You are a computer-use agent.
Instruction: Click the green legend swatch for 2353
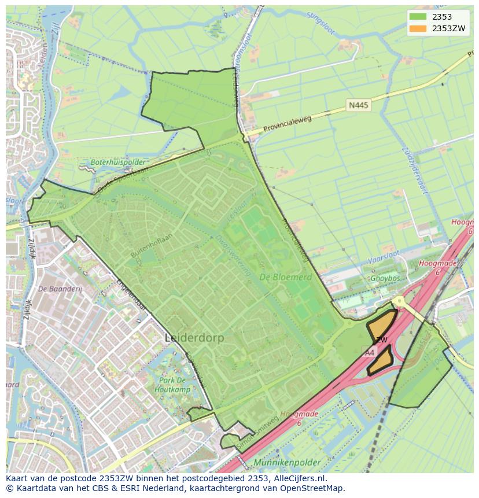point(417,17)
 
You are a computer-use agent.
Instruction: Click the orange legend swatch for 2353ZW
point(417,28)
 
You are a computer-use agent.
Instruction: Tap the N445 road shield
point(358,105)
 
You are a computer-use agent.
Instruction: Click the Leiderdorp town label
point(194,338)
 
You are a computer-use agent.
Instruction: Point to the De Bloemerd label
point(285,277)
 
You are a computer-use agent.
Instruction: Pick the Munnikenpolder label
point(286,463)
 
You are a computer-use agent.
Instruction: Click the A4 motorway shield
point(369,352)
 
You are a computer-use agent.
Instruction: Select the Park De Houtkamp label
point(172,385)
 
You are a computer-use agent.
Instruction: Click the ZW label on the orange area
point(381,340)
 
